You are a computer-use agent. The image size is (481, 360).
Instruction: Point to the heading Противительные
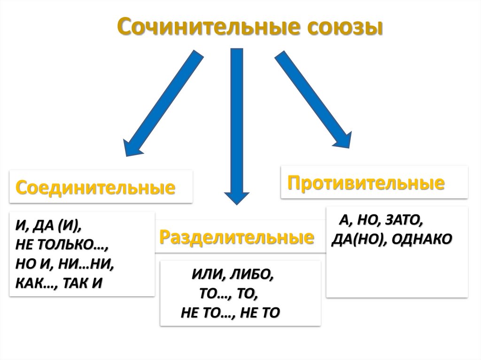click(x=366, y=183)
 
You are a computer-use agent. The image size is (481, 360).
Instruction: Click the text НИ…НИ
click(x=87, y=264)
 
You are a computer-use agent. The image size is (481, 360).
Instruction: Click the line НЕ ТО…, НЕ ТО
click(x=230, y=313)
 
